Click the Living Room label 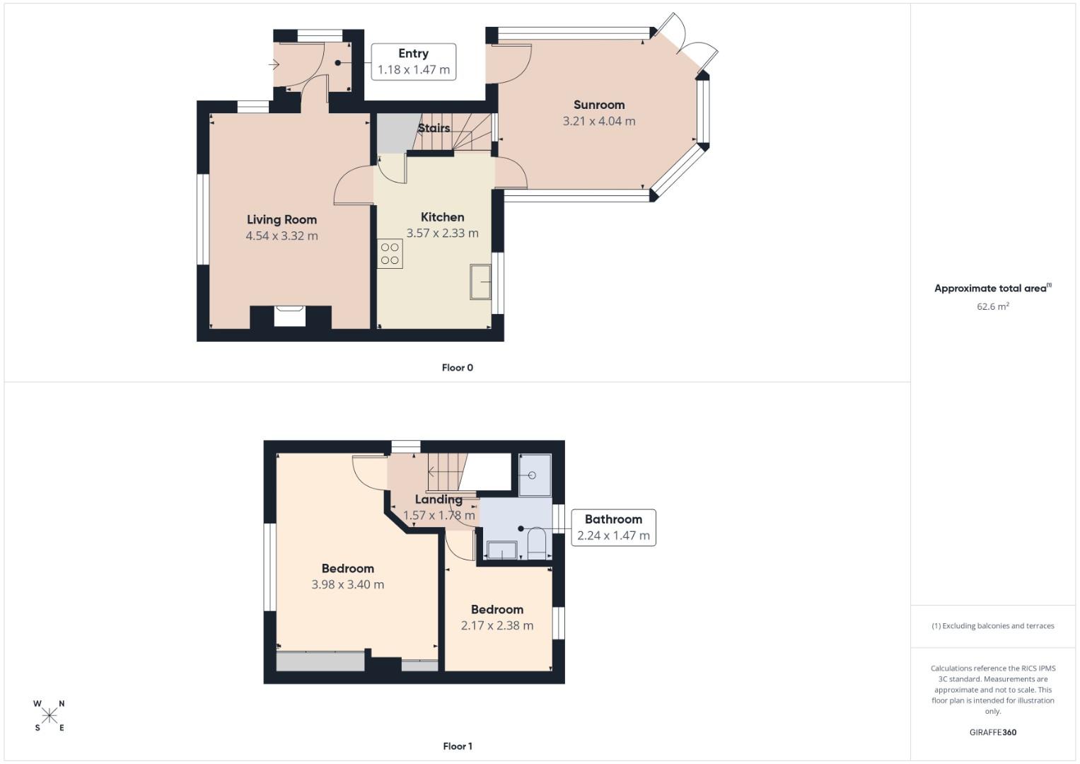281,220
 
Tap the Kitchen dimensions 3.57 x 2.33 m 442,233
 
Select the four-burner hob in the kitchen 390,254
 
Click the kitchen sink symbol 481,282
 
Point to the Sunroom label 598,105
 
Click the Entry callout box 413,62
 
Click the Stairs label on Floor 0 434,128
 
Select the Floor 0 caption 457,368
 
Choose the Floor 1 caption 457,746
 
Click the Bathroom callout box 613,528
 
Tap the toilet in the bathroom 537,543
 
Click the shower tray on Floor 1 535,475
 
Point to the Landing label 439,499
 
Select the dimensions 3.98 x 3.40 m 347,585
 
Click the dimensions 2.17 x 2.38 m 497,626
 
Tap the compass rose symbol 50,715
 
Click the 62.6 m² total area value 992,307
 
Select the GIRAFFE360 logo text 992,733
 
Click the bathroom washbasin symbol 501,550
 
